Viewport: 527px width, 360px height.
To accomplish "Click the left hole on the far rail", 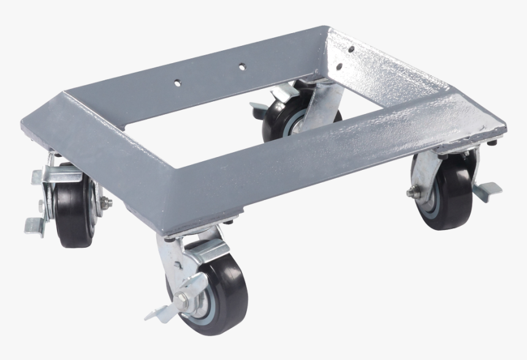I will [177, 80].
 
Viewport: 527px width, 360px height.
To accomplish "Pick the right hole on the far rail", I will [242, 65].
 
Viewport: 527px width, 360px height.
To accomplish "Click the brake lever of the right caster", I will [487, 190].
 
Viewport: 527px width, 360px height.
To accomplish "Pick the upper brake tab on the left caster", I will [38, 177].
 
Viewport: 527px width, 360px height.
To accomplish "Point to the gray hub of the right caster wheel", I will [430, 199].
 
